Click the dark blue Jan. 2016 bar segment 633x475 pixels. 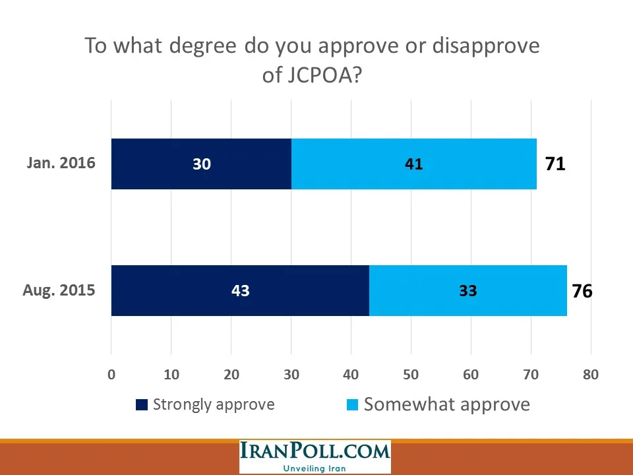point(201,164)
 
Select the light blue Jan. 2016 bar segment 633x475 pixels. point(413,164)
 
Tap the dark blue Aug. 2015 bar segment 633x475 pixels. point(240,290)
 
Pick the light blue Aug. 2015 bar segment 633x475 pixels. point(467,290)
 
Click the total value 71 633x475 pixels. point(555,164)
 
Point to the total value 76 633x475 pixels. point(582,291)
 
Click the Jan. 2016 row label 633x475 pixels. point(61,164)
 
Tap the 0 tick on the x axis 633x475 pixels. point(111,375)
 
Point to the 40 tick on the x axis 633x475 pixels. point(351,375)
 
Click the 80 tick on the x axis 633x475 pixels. point(590,375)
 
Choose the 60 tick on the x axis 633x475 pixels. point(471,375)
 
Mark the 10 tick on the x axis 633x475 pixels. point(171,375)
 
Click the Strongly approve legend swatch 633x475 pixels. point(142,405)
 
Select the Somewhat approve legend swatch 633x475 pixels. point(353,405)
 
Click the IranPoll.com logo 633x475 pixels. point(315,453)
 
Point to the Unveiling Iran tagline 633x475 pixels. point(315,468)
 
